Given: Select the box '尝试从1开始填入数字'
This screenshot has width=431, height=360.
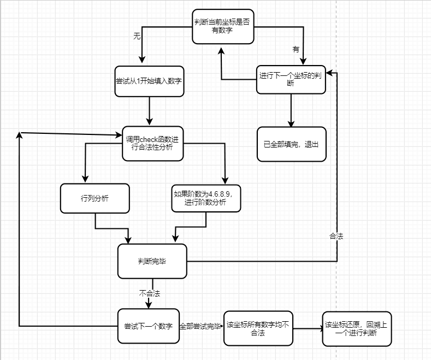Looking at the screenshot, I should click(x=149, y=81).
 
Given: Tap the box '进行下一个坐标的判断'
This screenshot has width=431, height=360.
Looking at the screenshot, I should click(x=291, y=80).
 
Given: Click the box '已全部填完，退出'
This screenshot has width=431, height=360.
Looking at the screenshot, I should click(x=291, y=144).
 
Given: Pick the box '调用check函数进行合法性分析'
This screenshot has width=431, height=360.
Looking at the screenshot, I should click(x=152, y=144).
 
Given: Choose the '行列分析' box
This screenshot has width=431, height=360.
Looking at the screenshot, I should click(x=95, y=198).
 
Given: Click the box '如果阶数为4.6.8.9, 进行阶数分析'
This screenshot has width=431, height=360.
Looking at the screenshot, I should click(x=206, y=198).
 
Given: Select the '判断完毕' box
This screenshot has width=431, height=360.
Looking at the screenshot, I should click(x=152, y=261).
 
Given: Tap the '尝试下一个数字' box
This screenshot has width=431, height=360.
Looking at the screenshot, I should click(x=148, y=326).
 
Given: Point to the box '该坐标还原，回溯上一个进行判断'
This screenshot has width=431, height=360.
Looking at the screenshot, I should click(x=357, y=328).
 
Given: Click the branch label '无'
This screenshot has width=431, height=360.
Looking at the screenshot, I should click(x=137, y=36).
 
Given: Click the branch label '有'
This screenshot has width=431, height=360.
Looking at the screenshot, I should click(x=296, y=49).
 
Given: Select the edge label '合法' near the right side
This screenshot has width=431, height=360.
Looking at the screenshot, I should click(x=336, y=237).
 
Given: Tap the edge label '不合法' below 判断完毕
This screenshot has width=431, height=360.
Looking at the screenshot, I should click(x=149, y=293).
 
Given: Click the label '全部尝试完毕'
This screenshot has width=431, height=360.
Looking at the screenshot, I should click(x=200, y=326).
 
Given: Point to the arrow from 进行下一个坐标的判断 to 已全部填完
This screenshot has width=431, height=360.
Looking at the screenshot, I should click(x=291, y=111).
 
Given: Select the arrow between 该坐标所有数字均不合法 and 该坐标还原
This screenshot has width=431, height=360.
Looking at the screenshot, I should click(x=307, y=329).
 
